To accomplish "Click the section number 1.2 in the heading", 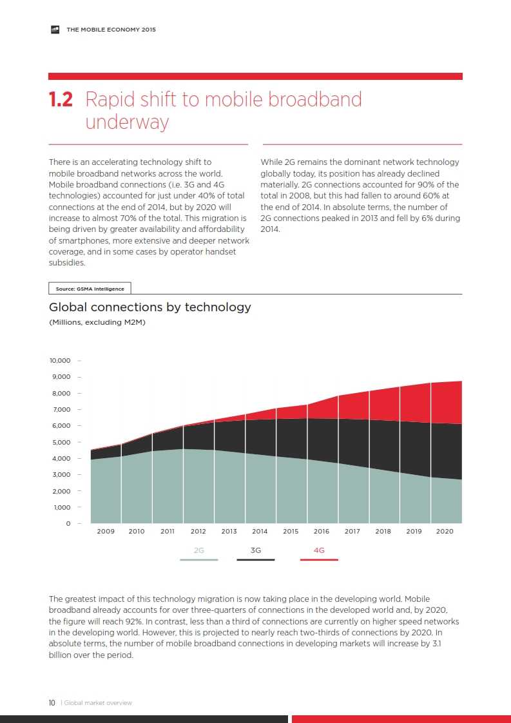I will [61, 100].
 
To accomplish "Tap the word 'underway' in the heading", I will [127, 122].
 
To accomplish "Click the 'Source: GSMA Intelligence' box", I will [90, 289].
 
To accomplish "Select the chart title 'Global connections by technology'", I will [150, 307].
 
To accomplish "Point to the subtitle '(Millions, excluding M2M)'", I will [97, 322].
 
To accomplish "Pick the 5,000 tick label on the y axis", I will [61, 442].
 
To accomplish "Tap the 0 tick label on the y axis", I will [68, 524].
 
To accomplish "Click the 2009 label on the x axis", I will [106, 532].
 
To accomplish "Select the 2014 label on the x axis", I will [260, 532].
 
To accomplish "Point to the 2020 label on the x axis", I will [445, 532].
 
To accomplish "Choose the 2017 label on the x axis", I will [352, 532].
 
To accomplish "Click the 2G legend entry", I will [199, 551].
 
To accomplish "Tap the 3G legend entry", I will [256, 551].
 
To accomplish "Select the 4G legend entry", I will [319, 551].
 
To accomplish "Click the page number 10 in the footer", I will [52, 703].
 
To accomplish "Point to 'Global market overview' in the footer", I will [98, 703].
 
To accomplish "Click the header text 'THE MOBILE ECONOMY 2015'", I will [111, 30].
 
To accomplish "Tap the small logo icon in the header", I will [55, 30].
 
